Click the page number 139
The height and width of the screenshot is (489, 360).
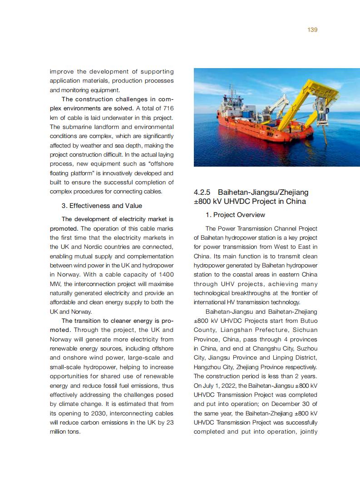tap(312, 30)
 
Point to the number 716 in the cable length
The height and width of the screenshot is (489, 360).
tap(168, 108)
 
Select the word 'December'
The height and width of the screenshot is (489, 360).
tap(283, 404)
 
